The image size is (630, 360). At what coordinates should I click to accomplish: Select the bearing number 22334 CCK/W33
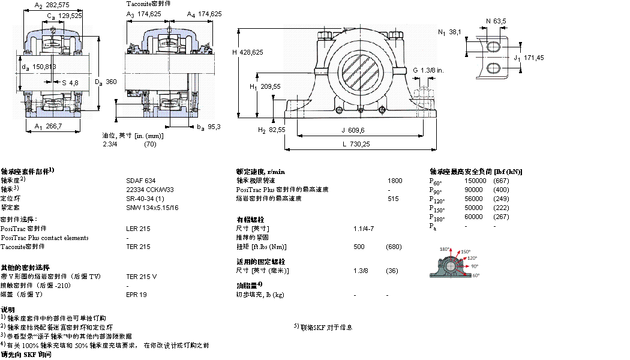150,189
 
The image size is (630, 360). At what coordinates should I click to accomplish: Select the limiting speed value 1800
395,180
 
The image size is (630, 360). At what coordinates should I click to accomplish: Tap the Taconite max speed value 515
393,198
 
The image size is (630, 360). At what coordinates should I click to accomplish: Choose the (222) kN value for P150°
501,208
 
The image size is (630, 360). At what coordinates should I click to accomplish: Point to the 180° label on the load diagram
445,249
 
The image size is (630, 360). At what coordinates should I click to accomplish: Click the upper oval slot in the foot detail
493,47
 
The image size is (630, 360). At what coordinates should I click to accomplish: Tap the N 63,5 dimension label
496,21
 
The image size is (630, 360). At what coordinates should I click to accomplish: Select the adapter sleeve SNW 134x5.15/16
152,207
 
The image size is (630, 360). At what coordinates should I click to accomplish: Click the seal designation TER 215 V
142,277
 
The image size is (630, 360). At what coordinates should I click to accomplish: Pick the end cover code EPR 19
136,295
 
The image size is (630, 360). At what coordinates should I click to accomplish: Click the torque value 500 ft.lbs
359,247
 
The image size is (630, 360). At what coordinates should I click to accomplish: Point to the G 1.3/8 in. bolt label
428,70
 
